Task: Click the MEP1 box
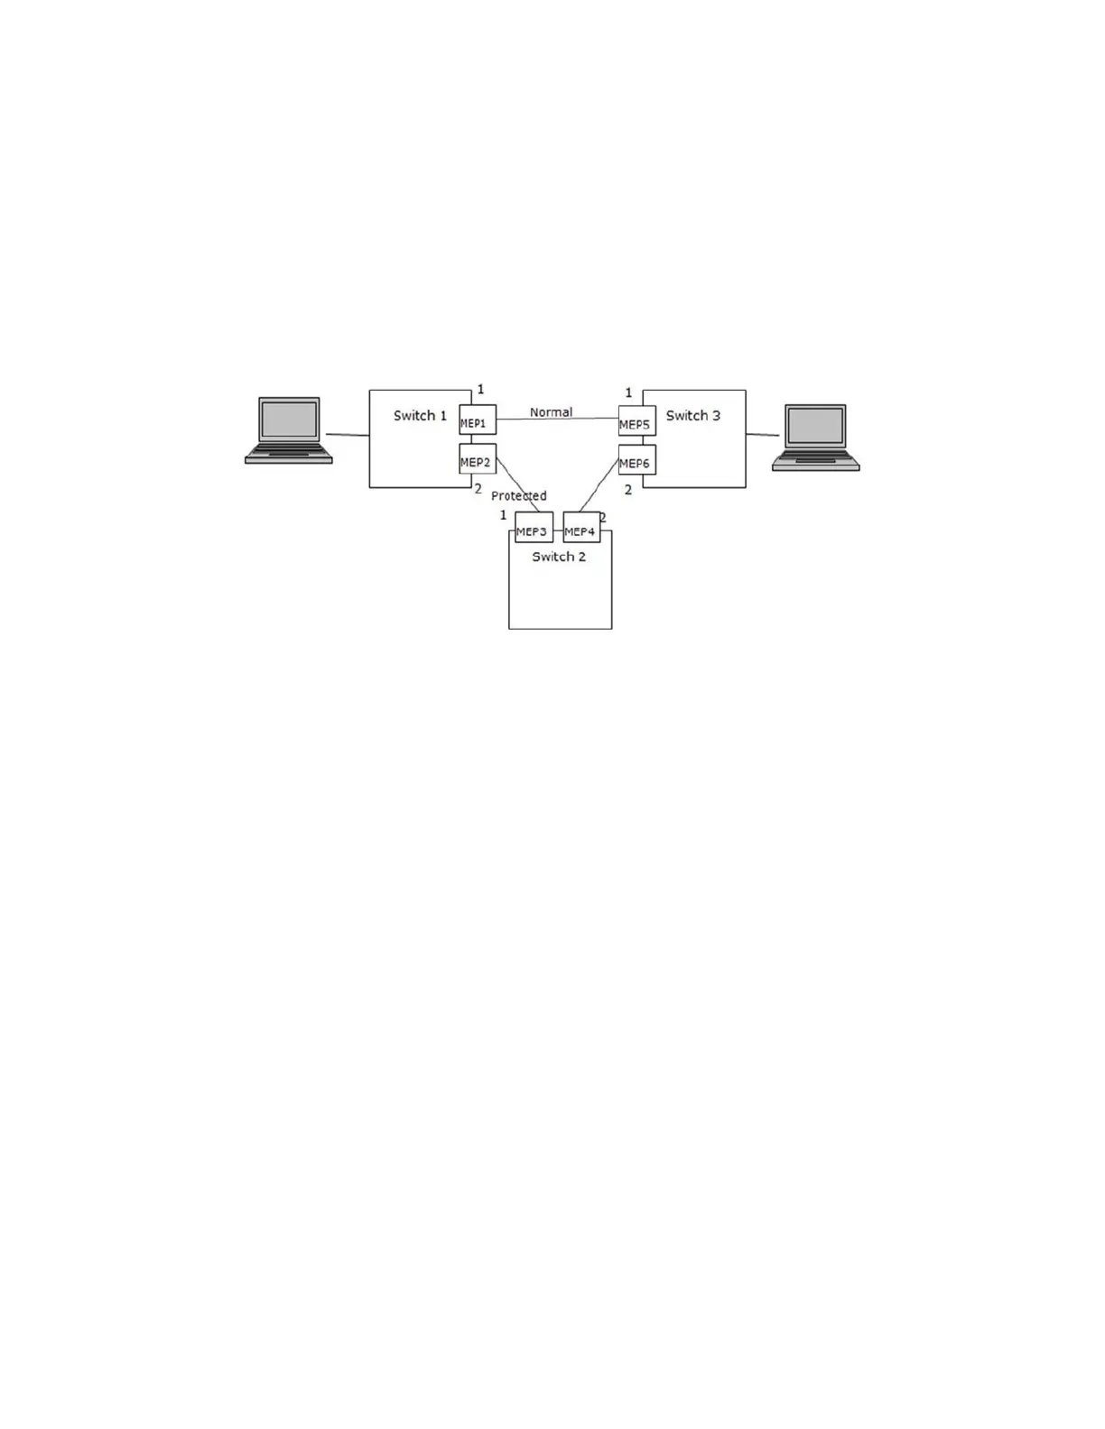[478, 420]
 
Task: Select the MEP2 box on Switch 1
[478, 459]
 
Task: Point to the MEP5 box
[636, 421]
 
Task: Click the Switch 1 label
[420, 416]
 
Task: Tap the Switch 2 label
[559, 557]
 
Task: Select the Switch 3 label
[693, 416]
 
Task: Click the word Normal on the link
[551, 412]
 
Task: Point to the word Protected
[519, 495]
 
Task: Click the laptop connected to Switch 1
[289, 430]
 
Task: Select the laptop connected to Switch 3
[816, 438]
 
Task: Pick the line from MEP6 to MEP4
[599, 485]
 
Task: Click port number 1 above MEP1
[480, 390]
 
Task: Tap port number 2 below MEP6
[628, 490]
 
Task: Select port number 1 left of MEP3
[504, 515]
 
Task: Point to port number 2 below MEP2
[478, 489]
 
